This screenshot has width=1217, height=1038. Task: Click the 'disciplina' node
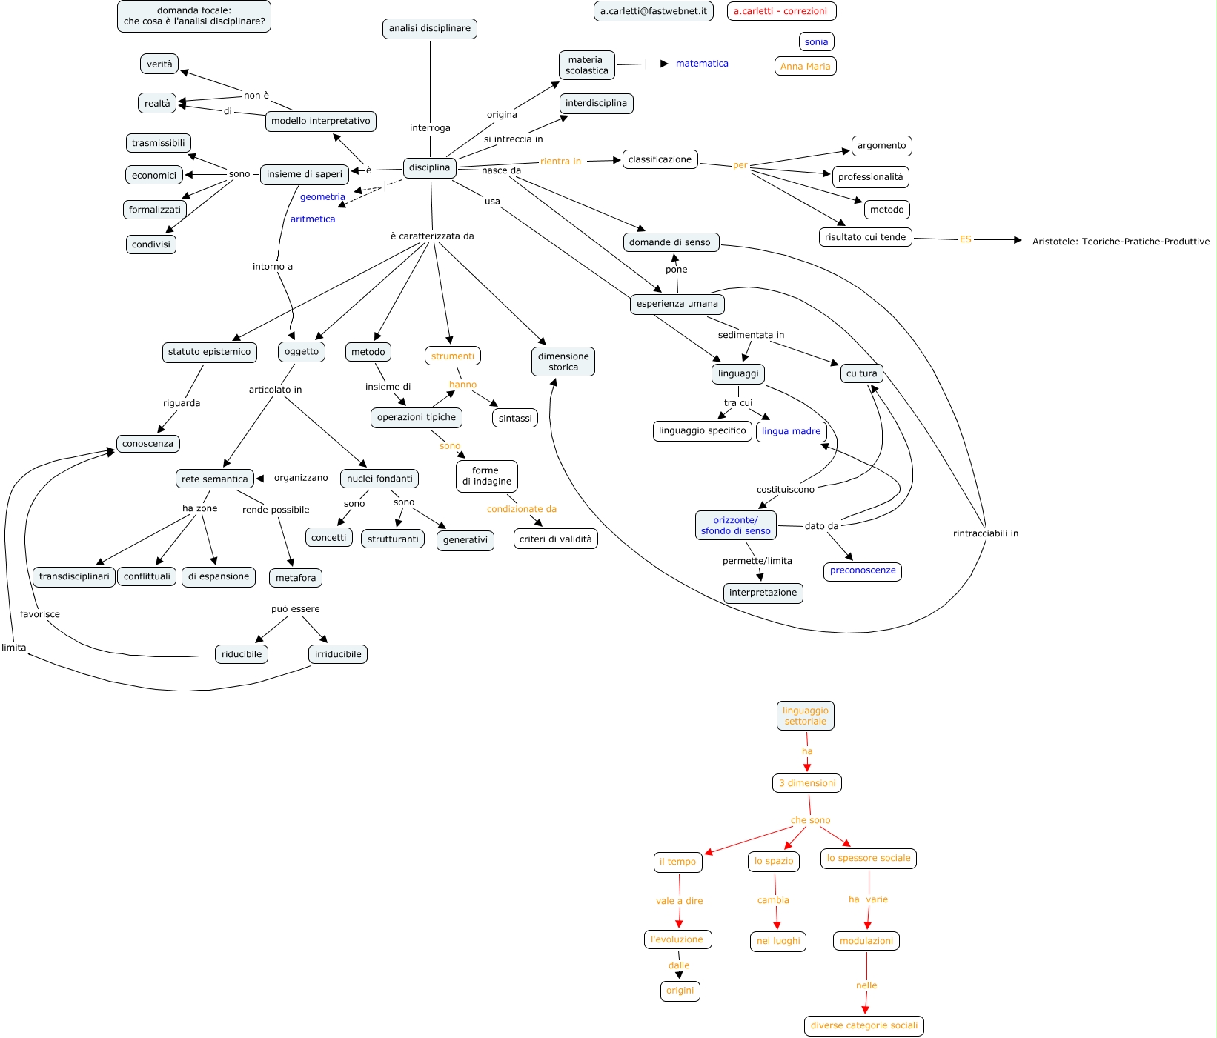coord(429,167)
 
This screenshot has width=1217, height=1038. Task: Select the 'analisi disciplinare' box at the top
coord(430,29)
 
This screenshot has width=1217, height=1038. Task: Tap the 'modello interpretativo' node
coord(320,121)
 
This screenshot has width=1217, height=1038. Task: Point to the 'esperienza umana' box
coord(677,304)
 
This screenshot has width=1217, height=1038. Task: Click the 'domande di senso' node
coord(670,242)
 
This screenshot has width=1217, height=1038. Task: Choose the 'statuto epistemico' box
coord(209,352)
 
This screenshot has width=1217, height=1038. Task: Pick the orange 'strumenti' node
coord(452,356)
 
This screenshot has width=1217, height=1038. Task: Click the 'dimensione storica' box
coord(563,362)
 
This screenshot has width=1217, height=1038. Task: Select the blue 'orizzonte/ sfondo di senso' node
coord(736,525)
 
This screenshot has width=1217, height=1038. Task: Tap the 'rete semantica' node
coord(215,479)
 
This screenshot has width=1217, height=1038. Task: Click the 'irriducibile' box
coord(338,654)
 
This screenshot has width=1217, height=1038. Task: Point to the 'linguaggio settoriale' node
coord(806,716)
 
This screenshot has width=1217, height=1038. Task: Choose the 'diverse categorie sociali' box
coord(864,1025)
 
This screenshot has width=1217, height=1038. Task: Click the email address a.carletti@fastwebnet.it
coord(653,11)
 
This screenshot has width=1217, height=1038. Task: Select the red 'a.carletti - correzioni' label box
coord(781,11)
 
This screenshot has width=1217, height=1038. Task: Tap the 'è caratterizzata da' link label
coord(432,236)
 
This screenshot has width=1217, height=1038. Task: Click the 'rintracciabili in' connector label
coord(985,533)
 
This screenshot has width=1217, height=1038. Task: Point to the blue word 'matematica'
coord(702,64)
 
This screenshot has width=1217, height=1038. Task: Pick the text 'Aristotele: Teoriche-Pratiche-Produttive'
coord(1121,242)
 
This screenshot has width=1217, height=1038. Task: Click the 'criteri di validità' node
coord(556,539)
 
